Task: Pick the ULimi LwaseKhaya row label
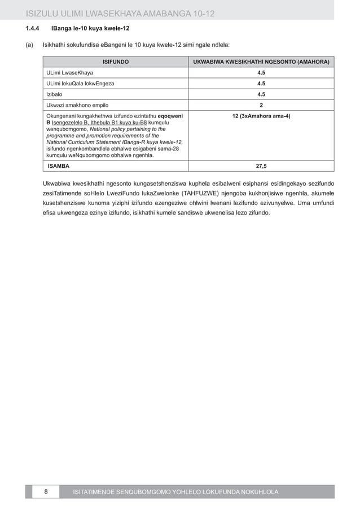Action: click(70, 73)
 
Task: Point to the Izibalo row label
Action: click(55, 94)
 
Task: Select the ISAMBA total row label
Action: click(59, 166)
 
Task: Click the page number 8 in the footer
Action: click(46, 492)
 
